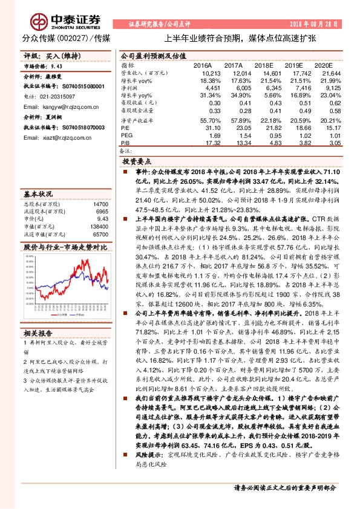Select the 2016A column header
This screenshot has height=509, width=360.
(x=203, y=65)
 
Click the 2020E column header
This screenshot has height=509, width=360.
(x=324, y=65)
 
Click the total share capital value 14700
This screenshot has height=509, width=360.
(x=100, y=206)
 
